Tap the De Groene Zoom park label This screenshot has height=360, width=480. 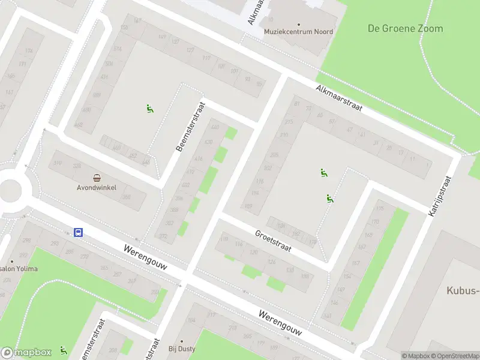coord(405,28)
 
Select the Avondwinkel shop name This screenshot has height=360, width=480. coord(97,187)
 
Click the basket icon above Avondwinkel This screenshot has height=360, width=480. coord(97,177)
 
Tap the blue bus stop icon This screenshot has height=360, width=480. coord(78,232)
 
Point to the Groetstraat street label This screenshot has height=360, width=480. coord(273,241)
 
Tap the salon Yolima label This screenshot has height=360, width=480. coord(20,268)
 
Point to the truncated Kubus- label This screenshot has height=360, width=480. coord(463,291)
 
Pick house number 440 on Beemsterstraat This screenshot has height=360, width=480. coord(215,128)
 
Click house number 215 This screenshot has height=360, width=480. coord(289,122)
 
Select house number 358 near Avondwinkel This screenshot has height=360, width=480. coord(127,196)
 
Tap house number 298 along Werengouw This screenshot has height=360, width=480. coord(26,241)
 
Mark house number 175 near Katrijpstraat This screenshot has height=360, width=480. coord(379,209)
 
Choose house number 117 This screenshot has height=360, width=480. coord(206,58)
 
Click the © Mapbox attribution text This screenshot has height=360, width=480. coord(415,356)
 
